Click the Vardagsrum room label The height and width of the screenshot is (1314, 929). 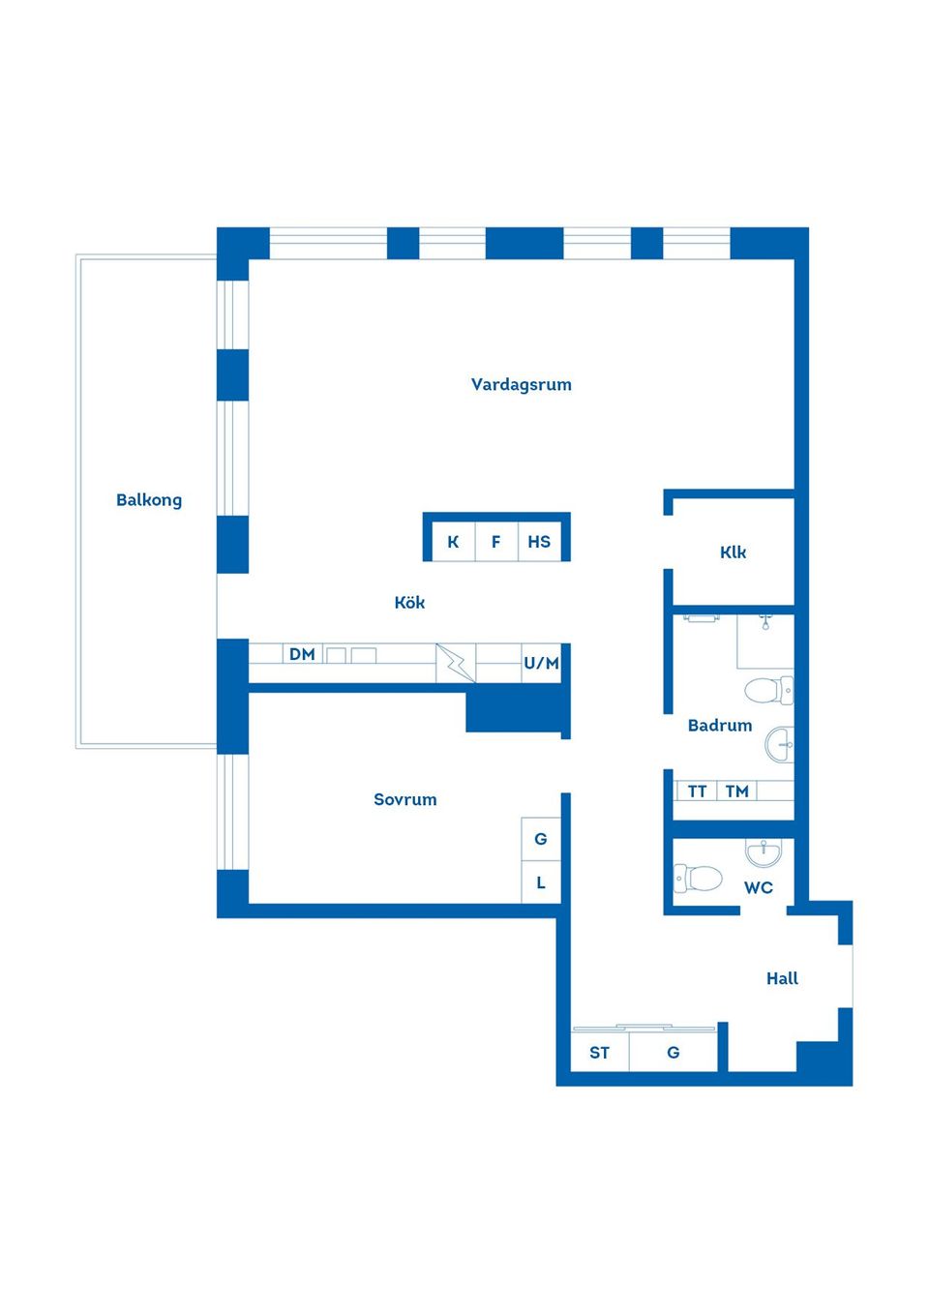tap(521, 385)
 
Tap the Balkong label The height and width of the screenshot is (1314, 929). tap(149, 500)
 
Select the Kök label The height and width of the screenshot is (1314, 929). tap(409, 603)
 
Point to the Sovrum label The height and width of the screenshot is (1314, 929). tap(405, 799)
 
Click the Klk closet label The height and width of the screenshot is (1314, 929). tap(734, 552)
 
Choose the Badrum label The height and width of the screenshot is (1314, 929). tap(720, 726)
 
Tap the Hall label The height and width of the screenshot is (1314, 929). tap(782, 978)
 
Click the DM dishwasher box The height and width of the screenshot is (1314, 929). tap(302, 654)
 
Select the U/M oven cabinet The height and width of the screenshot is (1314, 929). tap(541, 663)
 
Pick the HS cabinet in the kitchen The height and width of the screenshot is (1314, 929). tap(540, 542)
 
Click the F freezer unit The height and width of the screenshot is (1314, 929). tap(496, 542)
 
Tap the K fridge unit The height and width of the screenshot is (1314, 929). tap(453, 542)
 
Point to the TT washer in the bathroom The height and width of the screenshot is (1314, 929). tap(697, 791)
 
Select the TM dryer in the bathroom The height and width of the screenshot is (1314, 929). tap(736, 791)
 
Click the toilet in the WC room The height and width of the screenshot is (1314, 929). tap(698, 879)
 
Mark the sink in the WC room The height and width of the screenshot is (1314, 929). tap(763, 852)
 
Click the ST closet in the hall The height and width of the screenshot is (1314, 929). tap(599, 1053)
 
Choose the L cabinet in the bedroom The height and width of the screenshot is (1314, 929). tap(541, 882)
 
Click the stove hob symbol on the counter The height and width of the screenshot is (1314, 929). tap(456, 663)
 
